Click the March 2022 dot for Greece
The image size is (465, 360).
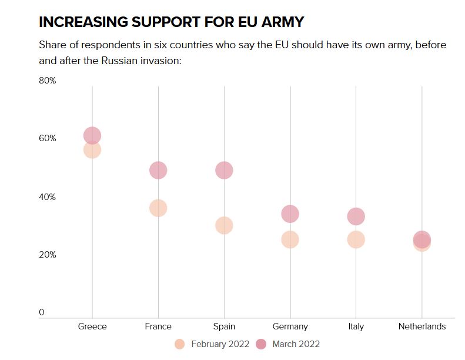[92, 136]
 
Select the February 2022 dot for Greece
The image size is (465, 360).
[92, 150]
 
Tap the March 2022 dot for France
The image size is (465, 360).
[158, 171]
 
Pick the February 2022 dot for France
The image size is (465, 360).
[158, 208]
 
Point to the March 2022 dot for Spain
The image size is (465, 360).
[224, 171]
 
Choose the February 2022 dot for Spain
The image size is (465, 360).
[224, 225]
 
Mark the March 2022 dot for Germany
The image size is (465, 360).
[290, 214]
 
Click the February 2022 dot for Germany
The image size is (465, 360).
[290, 240]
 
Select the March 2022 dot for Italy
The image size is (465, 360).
[356, 217]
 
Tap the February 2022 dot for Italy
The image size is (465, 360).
[356, 240]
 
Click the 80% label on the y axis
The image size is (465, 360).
[47, 81]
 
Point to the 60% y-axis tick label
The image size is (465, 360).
[47, 138]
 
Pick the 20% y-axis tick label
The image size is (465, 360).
[47, 255]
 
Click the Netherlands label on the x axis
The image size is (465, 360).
[421, 326]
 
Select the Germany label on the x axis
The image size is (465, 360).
[290, 326]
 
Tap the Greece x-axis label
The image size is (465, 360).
[92, 326]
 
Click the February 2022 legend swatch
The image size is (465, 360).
[180, 344]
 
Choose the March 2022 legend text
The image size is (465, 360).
[296, 344]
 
